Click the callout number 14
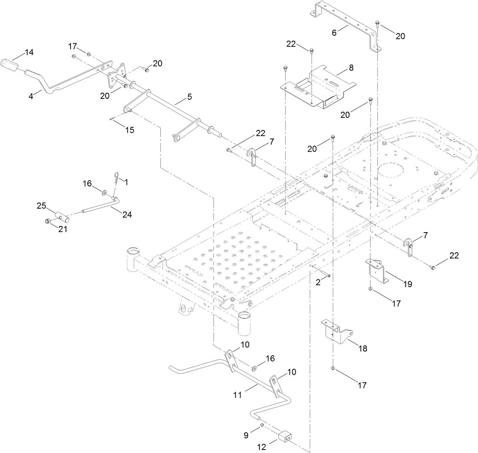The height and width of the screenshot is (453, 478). (29, 52)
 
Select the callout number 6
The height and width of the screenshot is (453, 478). (334, 33)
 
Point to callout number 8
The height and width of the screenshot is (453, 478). (351, 68)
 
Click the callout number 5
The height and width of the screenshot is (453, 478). (189, 97)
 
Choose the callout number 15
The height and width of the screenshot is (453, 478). (130, 130)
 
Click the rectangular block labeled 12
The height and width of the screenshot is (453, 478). (286, 437)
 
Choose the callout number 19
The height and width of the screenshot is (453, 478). (408, 284)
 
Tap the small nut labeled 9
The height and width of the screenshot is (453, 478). (262, 424)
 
